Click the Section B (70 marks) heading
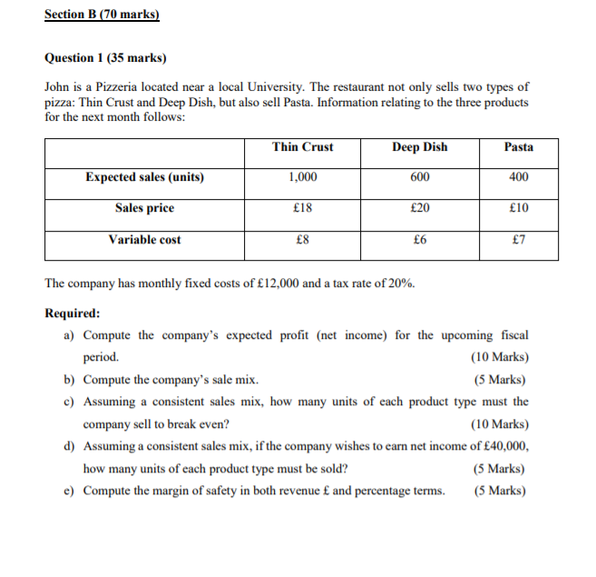pos(102,15)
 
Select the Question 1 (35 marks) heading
pos(105,57)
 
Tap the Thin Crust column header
pos(302,147)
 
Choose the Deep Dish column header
pos(419,147)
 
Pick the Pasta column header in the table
pos(519,147)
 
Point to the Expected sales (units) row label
pos(145,177)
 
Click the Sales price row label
pos(145,208)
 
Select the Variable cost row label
pos(145,240)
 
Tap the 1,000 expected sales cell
pos(302,177)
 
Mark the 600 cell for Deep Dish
pos(419,177)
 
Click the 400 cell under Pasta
pos(519,177)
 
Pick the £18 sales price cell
pos(303,208)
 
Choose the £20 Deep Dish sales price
pos(419,208)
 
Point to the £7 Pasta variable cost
pos(519,240)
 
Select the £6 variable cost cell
pos(419,240)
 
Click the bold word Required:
pos(73,313)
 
